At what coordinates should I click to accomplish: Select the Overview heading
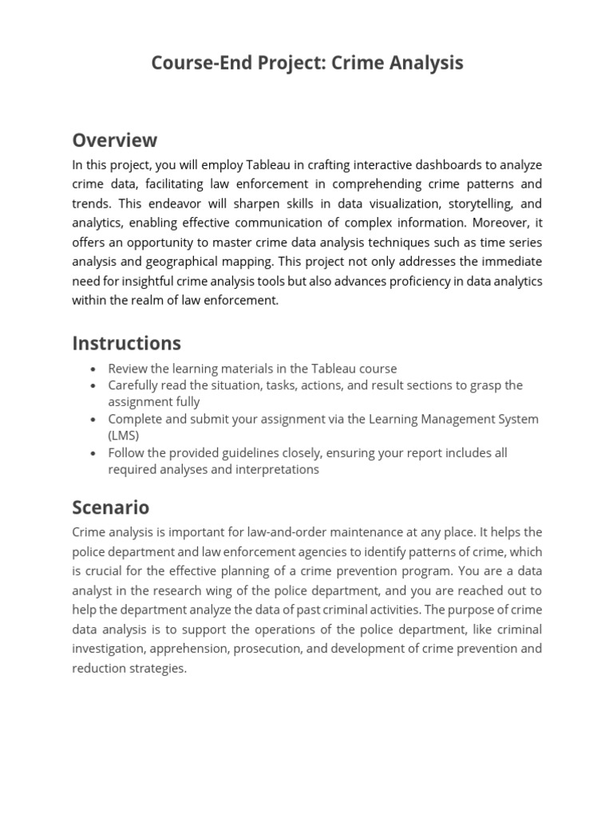(115, 140)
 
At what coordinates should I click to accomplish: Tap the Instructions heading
(126, 343)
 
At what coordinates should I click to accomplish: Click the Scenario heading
(110, 507)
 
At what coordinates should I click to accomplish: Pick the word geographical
(157, 261)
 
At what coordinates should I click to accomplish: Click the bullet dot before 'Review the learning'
(93, 369)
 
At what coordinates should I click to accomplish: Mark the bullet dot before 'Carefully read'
(93, 386)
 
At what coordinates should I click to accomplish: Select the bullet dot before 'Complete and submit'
(93, 420)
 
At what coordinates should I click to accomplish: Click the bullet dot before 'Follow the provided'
(93, 453)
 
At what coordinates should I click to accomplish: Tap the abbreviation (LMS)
(124, 436)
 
